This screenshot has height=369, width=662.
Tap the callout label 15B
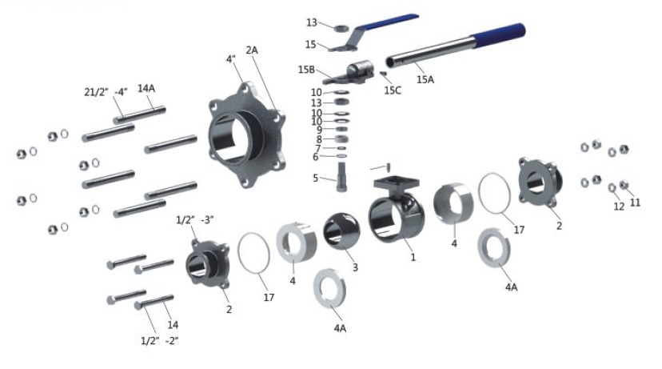pyautogui.click(x=307, y=70)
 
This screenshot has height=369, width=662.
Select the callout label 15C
pyautogui.click(x=393, y=90)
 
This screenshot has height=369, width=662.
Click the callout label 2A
pyautogui.click(x=253, y=50)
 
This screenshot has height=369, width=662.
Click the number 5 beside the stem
pyautogui.click(x=315, y=178)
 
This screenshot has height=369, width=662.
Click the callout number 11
pyautogui.click(x=636, y=203)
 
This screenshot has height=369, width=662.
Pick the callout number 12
pyautogui.click(x=619, y=207)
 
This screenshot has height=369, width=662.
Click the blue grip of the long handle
pyautogui.click(x=499, y=35)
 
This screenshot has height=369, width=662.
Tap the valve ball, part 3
pyautogui.click(x=342, y=231)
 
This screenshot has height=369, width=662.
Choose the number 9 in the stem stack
pyautogui.click(x=318, y=130)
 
